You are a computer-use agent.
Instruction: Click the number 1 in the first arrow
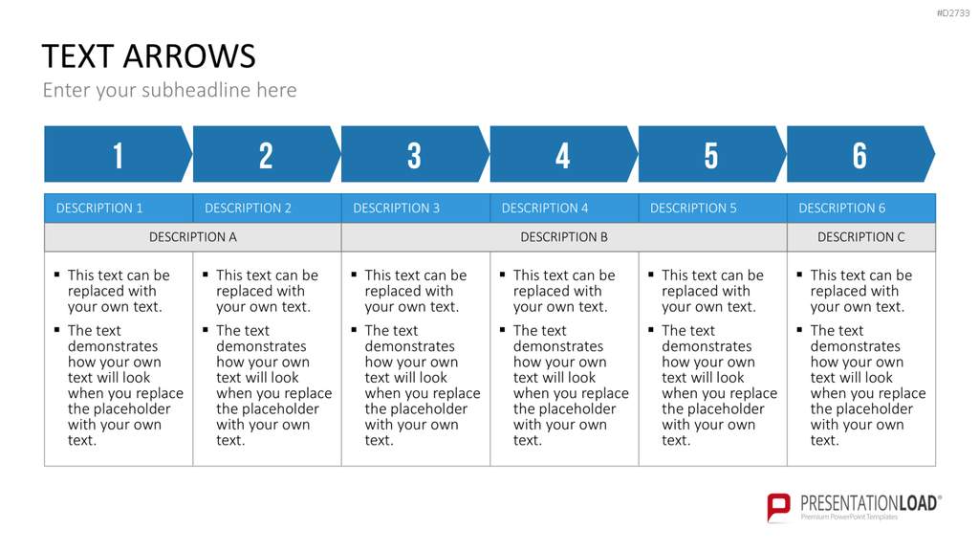point(118,156)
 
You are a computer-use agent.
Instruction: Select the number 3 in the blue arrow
point(415,156)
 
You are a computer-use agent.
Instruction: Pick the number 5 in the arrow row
point(711,156)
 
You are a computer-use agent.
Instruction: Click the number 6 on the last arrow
point(859,156)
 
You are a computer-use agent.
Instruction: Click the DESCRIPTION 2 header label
point(248,208)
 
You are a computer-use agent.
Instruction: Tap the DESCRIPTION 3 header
point(397,208)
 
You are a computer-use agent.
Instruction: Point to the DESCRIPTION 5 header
point(693,208)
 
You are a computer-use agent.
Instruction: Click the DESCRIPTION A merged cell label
point(193,237)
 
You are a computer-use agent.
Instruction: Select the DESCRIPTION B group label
point(564,237)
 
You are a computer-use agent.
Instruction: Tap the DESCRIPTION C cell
point(861,237)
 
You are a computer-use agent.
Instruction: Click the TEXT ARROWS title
point(148,56)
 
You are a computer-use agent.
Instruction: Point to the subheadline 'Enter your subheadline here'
point(169,90)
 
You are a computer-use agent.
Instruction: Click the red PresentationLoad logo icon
point(778,507)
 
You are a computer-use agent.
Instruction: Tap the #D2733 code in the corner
point(953,13)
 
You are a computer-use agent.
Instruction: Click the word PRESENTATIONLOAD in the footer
point(869,503)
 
